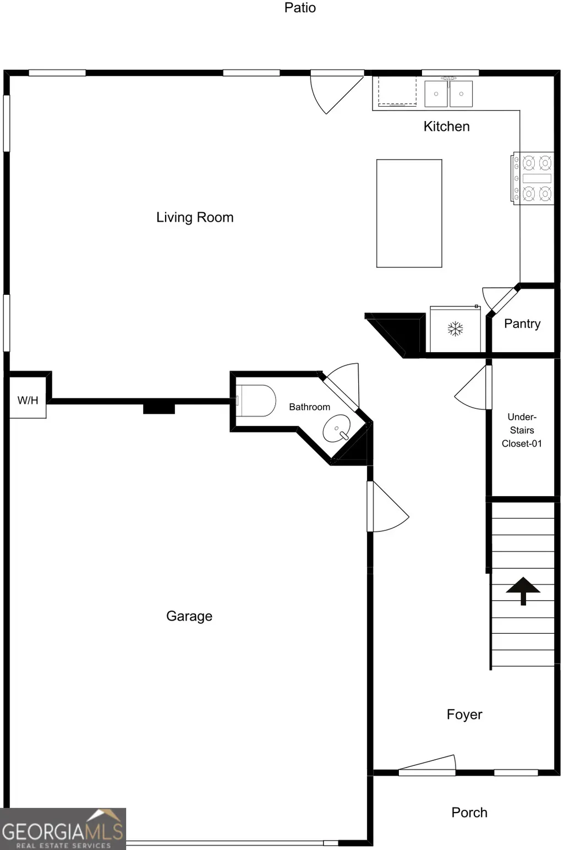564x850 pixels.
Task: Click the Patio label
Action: click(300, 8)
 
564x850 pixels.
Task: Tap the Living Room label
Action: click(195, 217)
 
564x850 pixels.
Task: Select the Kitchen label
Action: click(446, 127)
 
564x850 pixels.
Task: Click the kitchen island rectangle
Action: click(409, 213)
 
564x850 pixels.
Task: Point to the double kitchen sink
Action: click(448, 94)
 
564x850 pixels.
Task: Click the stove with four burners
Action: click(532, 178)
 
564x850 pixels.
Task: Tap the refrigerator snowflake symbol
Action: click(455, 328)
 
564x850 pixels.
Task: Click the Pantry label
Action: click(522, 323)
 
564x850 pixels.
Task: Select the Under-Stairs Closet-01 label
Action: click(522, 430)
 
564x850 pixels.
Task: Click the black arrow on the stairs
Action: click(523, 591)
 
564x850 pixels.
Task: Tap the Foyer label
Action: click(464, 715)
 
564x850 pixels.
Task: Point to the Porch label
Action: click(469, 813)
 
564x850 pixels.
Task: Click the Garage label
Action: click(189, 616)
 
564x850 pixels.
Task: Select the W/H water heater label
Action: click(28, 401)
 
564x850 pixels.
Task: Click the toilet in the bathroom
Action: click(256, 401)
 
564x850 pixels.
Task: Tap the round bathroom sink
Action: click(336, 429)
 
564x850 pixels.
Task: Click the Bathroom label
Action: click(309, 407)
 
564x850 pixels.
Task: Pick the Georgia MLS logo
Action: click(63, 829)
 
